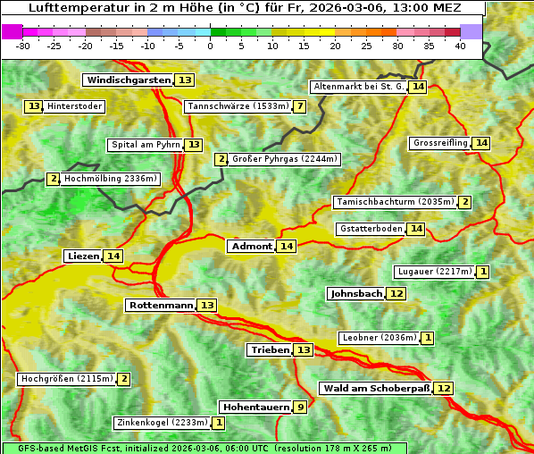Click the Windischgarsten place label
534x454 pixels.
128,80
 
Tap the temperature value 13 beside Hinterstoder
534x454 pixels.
34,106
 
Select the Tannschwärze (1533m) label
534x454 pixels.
238,107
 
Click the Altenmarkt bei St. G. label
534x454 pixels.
358,87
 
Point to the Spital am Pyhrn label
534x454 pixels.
145,145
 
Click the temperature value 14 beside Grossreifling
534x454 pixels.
481,143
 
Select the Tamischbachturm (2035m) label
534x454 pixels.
394,202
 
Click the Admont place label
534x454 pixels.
251,247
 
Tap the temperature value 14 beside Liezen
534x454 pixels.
113,256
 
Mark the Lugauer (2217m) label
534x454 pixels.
434,272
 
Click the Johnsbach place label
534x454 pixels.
355,294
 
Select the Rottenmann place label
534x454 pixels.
161,306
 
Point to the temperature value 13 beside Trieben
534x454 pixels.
304,350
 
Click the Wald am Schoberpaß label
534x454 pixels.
375,389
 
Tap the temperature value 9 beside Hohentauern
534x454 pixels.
300,408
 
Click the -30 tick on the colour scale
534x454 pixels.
23,45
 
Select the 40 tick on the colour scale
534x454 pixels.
460,45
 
